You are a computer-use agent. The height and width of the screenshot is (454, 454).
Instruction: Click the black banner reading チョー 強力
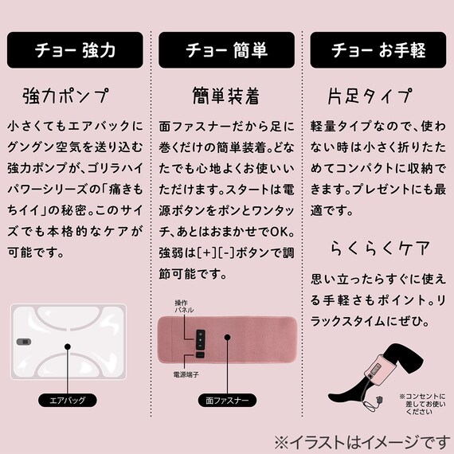(75, 49)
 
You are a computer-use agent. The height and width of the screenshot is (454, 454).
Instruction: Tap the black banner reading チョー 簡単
(227, 49)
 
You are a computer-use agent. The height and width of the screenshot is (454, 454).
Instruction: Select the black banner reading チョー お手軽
(378, 49)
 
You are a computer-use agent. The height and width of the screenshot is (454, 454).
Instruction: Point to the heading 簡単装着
(226, 97)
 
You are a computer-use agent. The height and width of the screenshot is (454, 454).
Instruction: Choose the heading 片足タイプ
(371, 97)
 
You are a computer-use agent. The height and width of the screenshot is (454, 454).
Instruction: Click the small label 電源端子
(186, 373)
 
